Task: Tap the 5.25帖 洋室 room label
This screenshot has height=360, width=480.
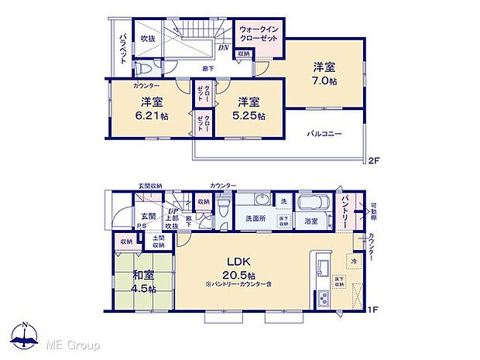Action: (x=248, y=108)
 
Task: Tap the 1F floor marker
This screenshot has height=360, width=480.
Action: (x=373, y=309)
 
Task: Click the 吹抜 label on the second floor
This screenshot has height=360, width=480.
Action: (x=147, y=38)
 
